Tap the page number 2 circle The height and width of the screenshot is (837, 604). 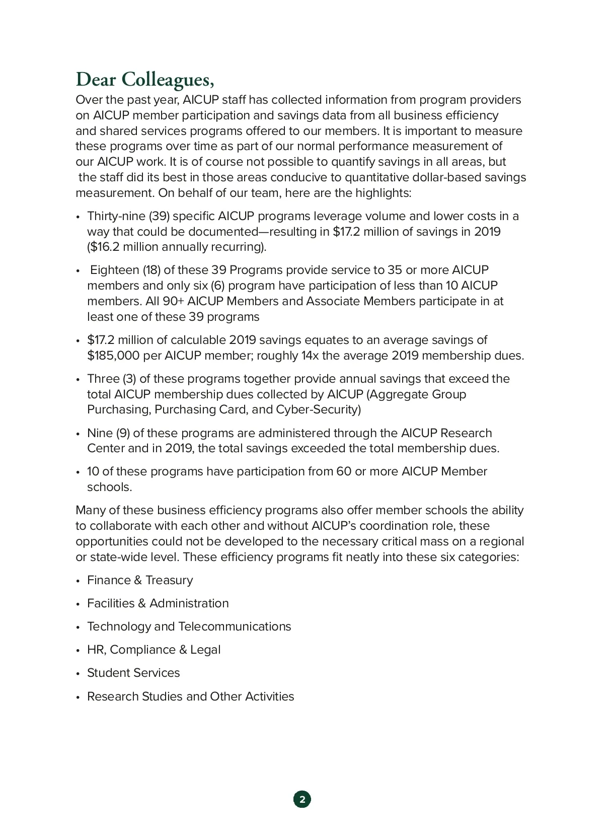pos(302,799)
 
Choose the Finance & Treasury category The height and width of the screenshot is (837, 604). pos(139,580)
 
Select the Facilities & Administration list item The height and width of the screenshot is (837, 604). pos(158,603)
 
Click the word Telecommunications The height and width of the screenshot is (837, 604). pos(235,626)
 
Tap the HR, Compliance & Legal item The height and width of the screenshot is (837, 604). pos(154,650)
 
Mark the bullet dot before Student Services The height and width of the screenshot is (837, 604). pos(78,674)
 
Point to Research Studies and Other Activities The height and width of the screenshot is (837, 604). pos(190,696)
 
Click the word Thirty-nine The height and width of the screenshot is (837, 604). pos(116,216)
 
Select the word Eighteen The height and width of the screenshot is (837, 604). pos(114,270)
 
